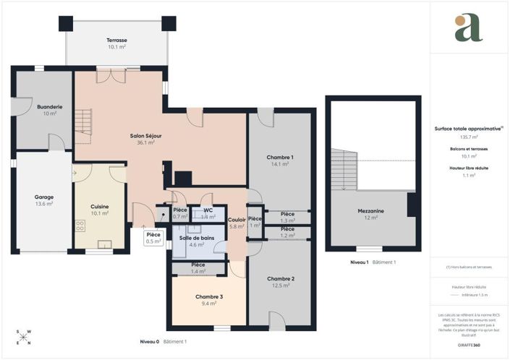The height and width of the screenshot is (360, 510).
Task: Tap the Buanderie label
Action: pos(50,106)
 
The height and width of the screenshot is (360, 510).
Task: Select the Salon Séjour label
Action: pos(141,135)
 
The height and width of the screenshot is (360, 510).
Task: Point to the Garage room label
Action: pos(44,197)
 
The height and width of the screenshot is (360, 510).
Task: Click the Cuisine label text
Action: pos(100,207)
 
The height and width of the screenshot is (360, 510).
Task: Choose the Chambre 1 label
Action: pos(280,157)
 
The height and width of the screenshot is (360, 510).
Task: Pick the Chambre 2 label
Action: pos(280,278)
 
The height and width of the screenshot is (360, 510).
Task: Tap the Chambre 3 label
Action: pos(208,297)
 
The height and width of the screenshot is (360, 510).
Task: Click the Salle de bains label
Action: pos(197,238)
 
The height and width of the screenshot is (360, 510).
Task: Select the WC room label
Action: pos(208,210)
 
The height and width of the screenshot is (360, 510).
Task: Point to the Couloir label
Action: pos(237,220)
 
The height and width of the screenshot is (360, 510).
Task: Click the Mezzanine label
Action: pos(371,210)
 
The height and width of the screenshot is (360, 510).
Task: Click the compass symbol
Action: pos(23,336)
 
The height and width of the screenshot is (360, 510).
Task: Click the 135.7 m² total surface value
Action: pos(469,137)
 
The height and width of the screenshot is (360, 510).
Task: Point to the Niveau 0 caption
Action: pos(150,340)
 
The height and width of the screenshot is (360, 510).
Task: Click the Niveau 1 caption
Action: pos(360,262)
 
